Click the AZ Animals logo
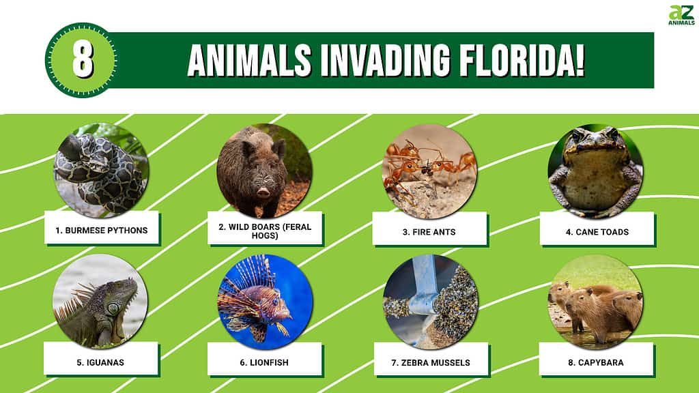pos(681,15)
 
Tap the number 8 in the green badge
pos(83,60)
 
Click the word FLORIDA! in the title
pos(522,60)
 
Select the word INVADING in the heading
pos(385,60)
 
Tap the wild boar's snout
pos(263,192)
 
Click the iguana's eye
pos(114,308)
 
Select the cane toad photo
pos(595,171)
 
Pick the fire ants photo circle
pos(429,171)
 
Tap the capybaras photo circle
pos(595,302)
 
